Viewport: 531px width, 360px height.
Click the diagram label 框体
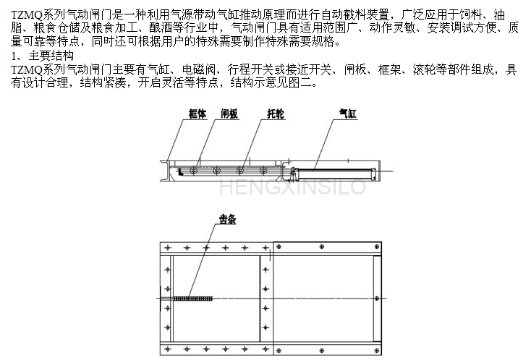point(197,113)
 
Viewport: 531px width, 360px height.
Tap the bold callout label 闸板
point(229,113)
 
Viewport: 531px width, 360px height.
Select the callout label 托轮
point(276,113)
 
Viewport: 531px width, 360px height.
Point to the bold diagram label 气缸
point(348,113)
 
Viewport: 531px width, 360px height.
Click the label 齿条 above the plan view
point(227,219)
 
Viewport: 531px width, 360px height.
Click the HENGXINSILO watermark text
point(292,187)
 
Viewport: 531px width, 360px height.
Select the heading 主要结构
point(51,56)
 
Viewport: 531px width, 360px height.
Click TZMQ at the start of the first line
point(27,15)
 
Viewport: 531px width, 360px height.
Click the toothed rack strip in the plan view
point(192,299)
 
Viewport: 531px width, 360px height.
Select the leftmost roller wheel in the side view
point(193,170)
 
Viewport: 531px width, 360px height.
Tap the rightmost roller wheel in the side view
point(263,170)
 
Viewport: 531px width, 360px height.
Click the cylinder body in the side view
point(335,173)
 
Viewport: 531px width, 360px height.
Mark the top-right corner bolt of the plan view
point(377,247)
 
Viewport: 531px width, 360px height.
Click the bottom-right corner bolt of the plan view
point(377,351)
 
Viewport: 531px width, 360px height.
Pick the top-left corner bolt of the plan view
point(168,248)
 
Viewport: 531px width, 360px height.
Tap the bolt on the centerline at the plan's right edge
point(377,299)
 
